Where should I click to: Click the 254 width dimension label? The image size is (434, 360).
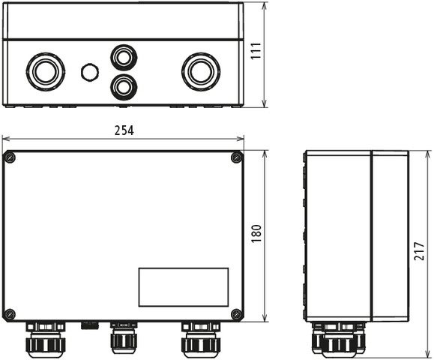124,130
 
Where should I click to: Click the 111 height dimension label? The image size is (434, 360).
256,52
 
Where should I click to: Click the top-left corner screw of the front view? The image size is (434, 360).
10,157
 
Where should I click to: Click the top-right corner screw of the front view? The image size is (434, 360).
236,157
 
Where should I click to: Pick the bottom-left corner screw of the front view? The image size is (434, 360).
10,313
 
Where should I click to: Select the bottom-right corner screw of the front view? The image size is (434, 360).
236,313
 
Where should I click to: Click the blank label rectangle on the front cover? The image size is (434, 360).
184,287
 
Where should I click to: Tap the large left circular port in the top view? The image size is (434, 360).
45,72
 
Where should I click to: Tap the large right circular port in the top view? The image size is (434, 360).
200,72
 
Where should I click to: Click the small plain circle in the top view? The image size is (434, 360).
89,73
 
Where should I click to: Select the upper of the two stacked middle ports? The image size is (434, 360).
124,57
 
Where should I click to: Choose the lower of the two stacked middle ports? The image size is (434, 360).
124,86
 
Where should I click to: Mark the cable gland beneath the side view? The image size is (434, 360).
339,340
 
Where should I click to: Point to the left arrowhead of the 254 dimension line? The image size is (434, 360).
4,139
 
